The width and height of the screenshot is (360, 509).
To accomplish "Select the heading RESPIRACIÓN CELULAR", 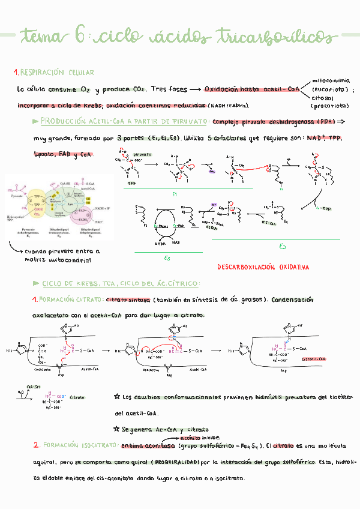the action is tap(57, 73).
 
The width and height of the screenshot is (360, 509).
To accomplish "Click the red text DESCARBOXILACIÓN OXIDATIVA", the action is tap(263, 267).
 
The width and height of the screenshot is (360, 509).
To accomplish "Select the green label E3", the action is tap(167, 258).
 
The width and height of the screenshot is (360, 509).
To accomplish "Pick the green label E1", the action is tap(175, 194).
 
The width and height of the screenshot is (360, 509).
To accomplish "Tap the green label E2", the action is tap(283, 246).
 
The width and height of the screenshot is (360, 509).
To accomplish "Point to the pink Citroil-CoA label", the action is tap(314, 358).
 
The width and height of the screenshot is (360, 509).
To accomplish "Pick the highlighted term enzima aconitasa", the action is tap(148, 447).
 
